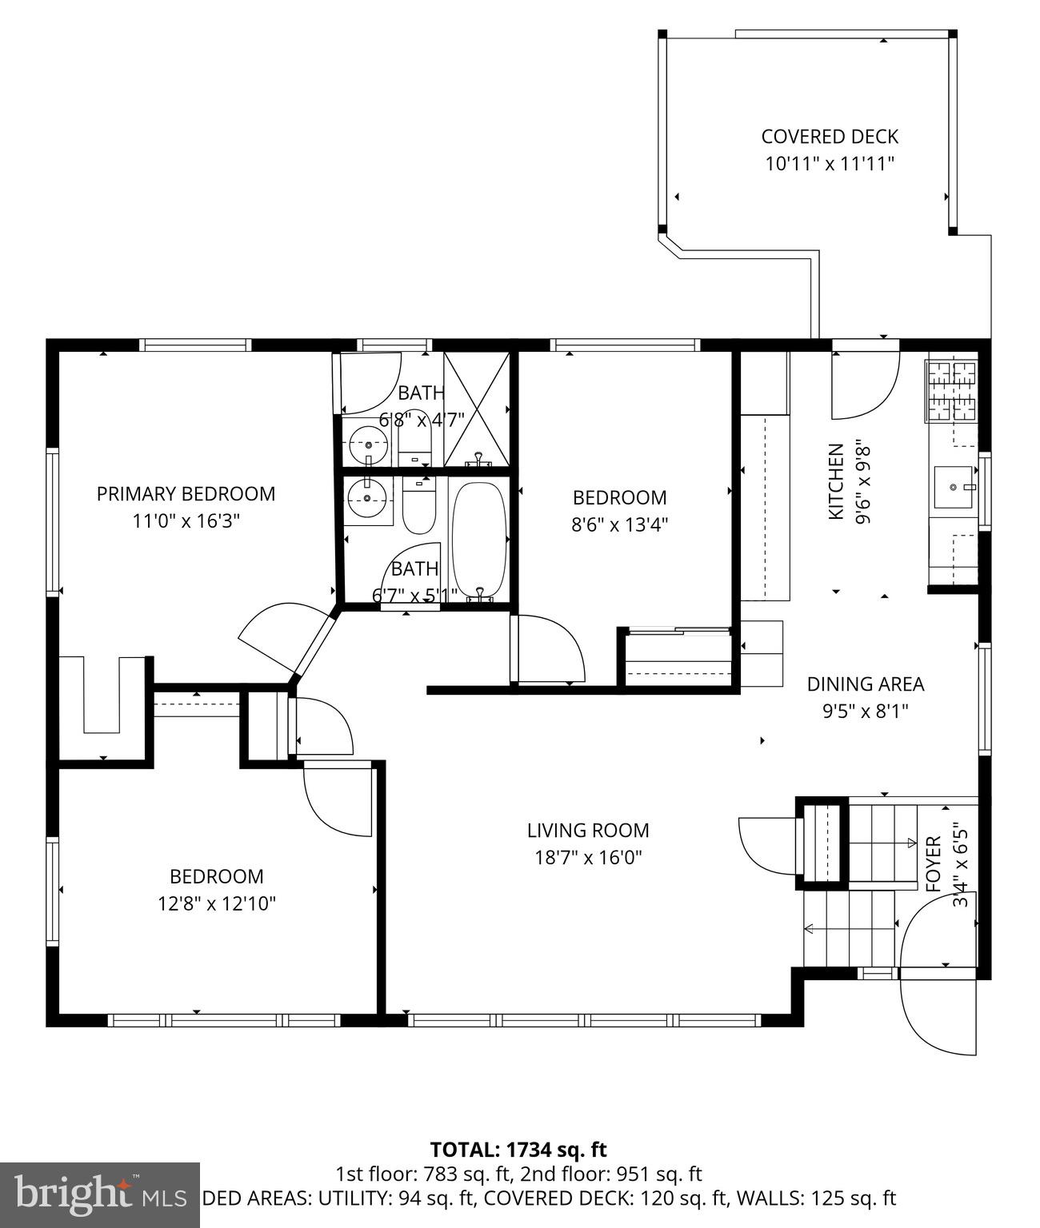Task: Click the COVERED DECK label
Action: (829, 137)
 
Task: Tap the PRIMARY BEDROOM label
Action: (186, 494)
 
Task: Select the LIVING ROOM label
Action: (587, 831)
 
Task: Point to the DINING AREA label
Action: (865, 684)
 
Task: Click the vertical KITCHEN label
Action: (835, 482)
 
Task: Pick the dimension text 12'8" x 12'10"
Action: (217, 904)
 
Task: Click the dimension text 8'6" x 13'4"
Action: (619, 525)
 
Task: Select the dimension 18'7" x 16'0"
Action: (588, 858)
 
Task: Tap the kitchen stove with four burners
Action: (951, 392)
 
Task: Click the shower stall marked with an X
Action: (477, 409)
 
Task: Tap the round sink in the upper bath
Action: (369, 441)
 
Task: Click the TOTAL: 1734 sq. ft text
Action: (518, 1150)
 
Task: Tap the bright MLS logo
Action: (99, 1194)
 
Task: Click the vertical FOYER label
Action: (933, 864)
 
